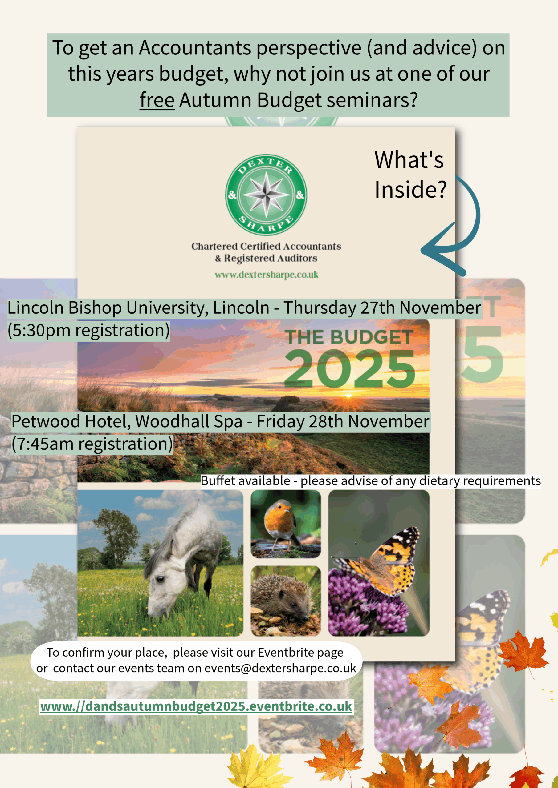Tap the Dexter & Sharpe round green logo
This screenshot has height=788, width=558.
tap(266, 195)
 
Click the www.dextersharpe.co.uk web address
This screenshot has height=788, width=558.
tap(266, 275)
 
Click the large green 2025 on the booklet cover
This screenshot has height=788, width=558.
tap(349, 369)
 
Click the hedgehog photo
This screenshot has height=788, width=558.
tap(286, 601)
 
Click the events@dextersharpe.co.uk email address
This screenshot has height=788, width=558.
tap(280, 668)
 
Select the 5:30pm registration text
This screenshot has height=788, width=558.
tap(89, 330)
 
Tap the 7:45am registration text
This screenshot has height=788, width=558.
tap(92, 444)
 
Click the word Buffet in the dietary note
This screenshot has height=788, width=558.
tap(218, 480)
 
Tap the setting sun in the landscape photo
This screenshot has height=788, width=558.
tap(349, 396)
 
